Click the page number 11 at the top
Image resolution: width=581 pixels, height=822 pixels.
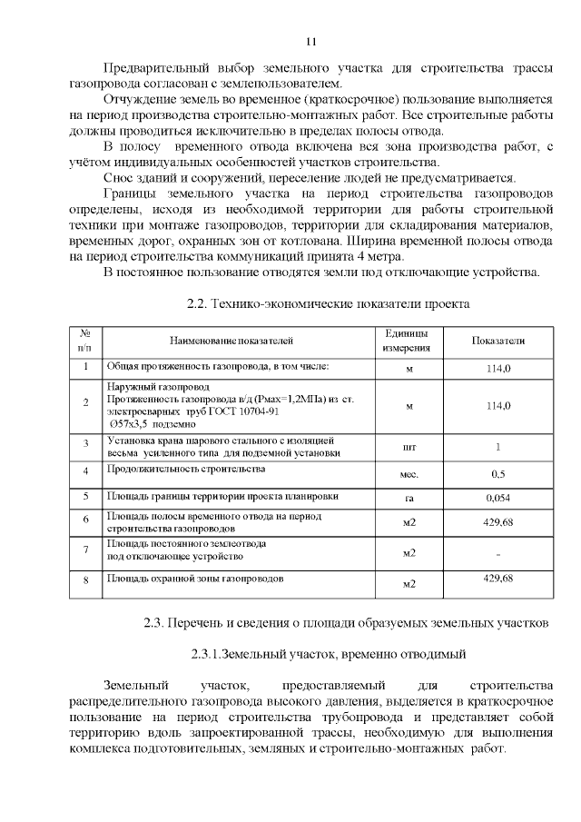[310, 42]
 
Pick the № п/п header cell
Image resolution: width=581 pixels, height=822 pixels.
[85, 341]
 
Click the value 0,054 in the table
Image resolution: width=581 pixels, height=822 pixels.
[497, 499]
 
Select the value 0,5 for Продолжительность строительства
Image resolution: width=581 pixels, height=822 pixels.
[497, 474]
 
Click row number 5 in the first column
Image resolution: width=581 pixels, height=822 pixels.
[85, 497]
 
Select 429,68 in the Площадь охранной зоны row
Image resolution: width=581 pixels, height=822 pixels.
[497, 579]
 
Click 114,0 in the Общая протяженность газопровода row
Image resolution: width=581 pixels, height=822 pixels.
[497, 368]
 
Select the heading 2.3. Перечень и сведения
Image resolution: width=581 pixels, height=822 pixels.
[347, 623]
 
